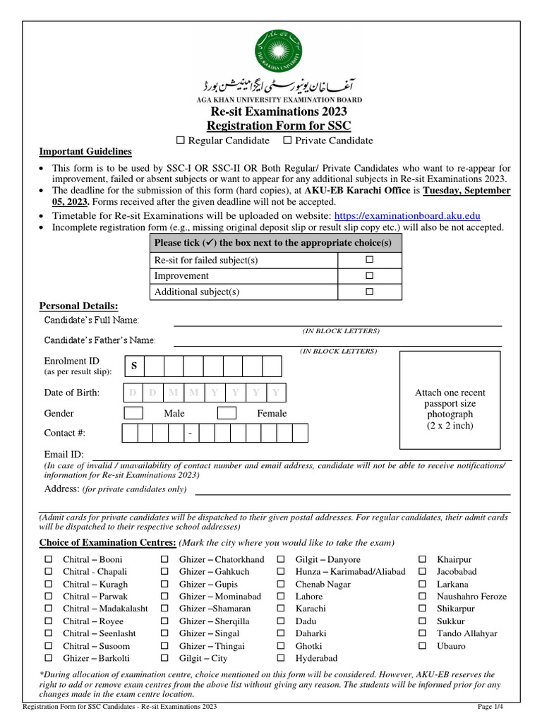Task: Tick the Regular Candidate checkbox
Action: pyautogui.click(x=181, y=141)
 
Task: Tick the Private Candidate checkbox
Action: pyautogui.click(x=287, y=141)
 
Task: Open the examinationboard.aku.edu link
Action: pyautogui.click(x=407, y=215)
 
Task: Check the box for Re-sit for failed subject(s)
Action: pyautogui.click(x=368, y=260)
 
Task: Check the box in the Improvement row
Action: pyautogui.click(x=368, y=275)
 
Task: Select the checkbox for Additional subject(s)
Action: pyautogui.click(x=368, y=291)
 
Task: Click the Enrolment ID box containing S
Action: pyautogui.click(x=134, y=366)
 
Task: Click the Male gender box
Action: pyautogui.click(x=133, y=413)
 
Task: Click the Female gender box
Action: pyautogui.click(x=227, y=413)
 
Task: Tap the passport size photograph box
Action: pyautogui.click(x=450, y=400)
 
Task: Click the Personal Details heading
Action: pyautogui.click(x=78, y=306)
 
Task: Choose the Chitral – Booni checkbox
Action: pyautogui.click(x=49, y=560)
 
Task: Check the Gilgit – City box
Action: pyautogui.click(x=164, y=658)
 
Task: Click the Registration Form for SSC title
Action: pyautogui.click(x=278, y=126)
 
